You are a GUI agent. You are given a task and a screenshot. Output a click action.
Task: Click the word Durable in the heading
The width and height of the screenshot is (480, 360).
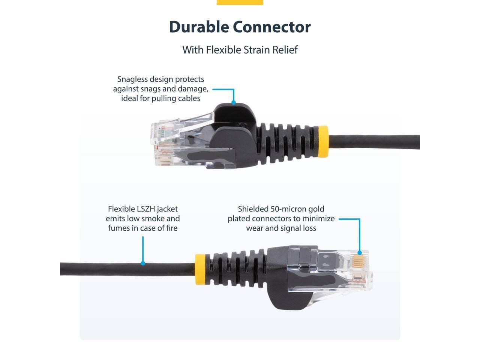pos(199,27)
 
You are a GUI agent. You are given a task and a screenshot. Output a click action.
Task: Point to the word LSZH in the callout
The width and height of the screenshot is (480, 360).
pos(149,209)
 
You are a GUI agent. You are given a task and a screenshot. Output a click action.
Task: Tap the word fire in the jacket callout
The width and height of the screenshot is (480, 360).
pos(171,228)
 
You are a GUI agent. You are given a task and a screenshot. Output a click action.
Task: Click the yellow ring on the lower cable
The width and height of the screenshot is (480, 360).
pos(200,269)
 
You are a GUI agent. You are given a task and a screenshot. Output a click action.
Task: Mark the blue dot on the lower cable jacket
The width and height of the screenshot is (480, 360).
pos(143,263)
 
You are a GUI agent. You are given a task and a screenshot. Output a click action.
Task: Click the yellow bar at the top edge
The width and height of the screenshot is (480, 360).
pos(240,2)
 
